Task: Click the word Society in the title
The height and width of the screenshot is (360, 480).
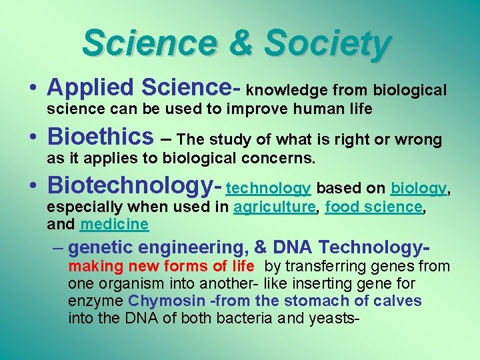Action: [x=327, y=43]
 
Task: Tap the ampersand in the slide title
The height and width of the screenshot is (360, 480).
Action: [x=240, y=43]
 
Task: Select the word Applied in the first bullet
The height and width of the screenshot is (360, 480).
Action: [x=89, y=88]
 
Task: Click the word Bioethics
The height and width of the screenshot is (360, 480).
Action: [x=100, y=137]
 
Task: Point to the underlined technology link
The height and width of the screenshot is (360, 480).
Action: [x=269, y=189]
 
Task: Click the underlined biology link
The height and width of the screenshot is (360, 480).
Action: [x=418, y=189]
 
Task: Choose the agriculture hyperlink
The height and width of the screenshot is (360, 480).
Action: [x=274, y=207]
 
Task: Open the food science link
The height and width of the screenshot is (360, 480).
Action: [x=373, y=207]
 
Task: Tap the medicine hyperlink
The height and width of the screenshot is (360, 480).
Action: [x=114, y=224]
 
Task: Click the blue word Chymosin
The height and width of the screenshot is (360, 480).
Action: [x=158, y=301]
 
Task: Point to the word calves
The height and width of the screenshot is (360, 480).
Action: [x=397, y=301]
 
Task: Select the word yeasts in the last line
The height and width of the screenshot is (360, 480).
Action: [x=335, y=319]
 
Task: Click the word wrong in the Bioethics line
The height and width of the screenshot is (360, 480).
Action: [x=418, y=139]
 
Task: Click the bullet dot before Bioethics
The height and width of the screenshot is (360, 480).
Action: [x=33, y=138]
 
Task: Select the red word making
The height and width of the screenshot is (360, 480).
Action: [x=92, y=267]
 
